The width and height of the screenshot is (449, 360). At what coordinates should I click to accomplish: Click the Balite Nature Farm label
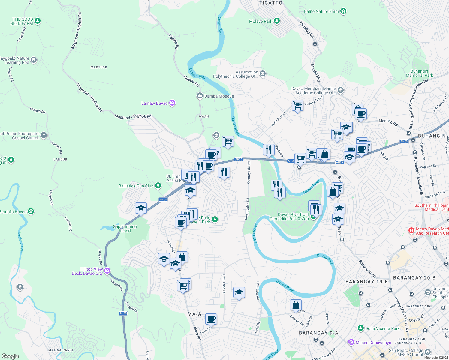321,11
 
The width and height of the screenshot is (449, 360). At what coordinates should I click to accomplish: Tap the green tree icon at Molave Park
277,21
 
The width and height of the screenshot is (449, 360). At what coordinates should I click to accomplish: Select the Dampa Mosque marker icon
200,96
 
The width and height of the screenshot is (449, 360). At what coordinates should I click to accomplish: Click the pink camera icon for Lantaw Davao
172,103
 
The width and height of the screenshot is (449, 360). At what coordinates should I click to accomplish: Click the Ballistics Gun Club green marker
158,186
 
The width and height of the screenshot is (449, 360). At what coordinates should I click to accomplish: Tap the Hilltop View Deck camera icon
107,271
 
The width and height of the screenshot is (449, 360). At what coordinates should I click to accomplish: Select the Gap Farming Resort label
125,229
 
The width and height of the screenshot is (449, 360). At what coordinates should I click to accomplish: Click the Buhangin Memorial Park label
419,73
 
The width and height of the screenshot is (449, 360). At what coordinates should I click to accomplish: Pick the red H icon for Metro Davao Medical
411,231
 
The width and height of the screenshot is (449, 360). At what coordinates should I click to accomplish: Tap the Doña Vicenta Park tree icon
361,328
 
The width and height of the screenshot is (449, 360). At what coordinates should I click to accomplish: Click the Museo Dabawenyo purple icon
351,342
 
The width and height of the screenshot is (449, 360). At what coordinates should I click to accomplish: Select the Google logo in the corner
10,356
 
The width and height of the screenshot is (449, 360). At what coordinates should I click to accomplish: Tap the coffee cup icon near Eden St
211,319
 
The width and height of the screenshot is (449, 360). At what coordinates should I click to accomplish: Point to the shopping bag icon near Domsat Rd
296,305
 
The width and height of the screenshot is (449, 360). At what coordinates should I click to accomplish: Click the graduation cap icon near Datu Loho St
239,292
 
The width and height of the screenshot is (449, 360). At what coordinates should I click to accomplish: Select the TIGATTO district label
271,3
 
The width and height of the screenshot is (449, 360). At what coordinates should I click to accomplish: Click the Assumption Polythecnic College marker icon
263,74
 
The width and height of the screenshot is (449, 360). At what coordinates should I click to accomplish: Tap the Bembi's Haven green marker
31,211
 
